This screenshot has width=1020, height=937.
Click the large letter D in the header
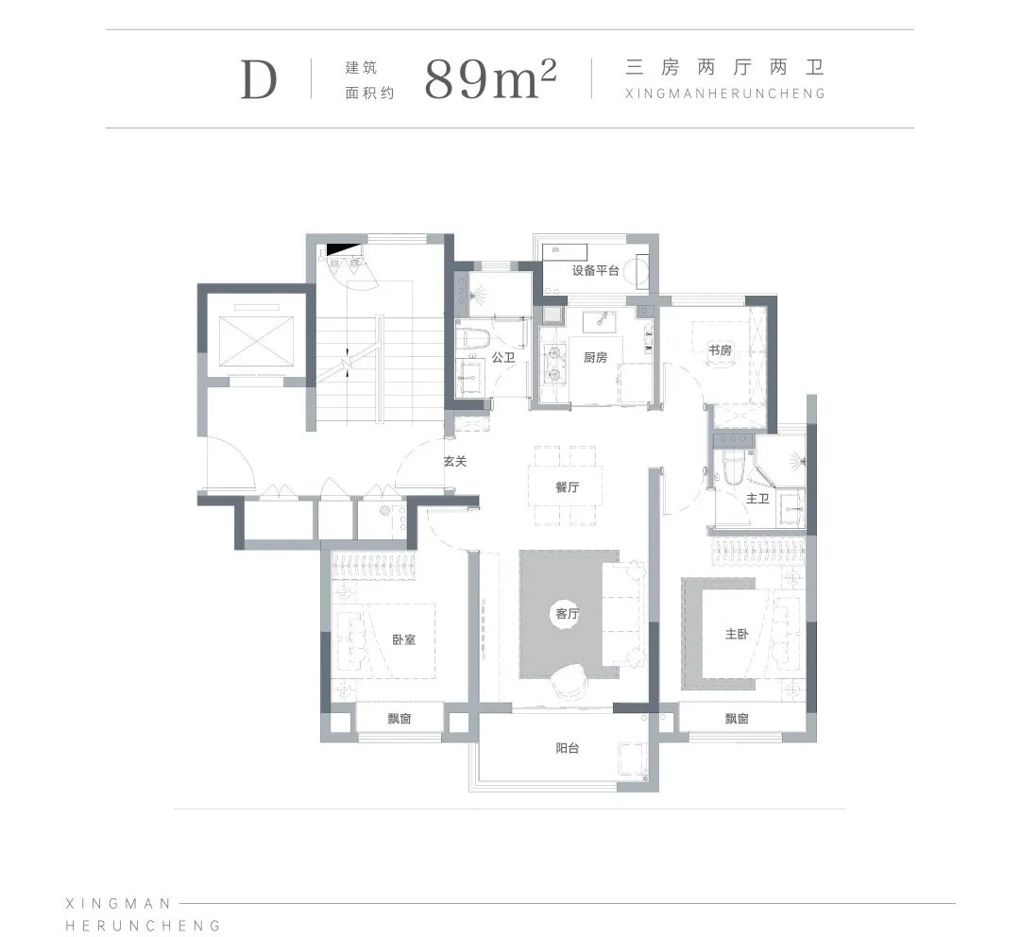click(x=259, y=80)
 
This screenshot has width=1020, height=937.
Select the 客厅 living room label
click(x=568, y=614)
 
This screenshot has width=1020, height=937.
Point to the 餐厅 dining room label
click(x=568, y=486)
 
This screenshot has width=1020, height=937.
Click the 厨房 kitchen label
click(x=595, y=357)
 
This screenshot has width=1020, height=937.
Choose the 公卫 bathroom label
click(x=503, y=357)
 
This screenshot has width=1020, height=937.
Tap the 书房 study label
click(x=720, y=350)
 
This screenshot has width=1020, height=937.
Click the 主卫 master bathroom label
click(x=757, y=499)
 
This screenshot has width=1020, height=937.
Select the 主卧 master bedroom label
click(x=737, y=633)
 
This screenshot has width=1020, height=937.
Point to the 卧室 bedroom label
click(x=403, y=639)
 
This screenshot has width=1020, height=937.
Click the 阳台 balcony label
click(x=568, y=748)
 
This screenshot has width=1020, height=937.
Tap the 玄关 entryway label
click(x=455, y=461)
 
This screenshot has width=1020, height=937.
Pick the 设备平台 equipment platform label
click(x=595, y=270)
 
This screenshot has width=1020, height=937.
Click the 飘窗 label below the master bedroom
click(x=737, y=719)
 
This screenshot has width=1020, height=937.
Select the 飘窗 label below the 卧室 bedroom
click(x=399, y=719)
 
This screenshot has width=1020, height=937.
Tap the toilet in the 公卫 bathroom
click(x=471, y=339)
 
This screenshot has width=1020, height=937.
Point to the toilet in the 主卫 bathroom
click(x=732, y=468)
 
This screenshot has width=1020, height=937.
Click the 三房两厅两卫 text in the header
click(x=724, y=67)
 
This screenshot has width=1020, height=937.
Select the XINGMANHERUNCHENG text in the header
click(x=724, y=94)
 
